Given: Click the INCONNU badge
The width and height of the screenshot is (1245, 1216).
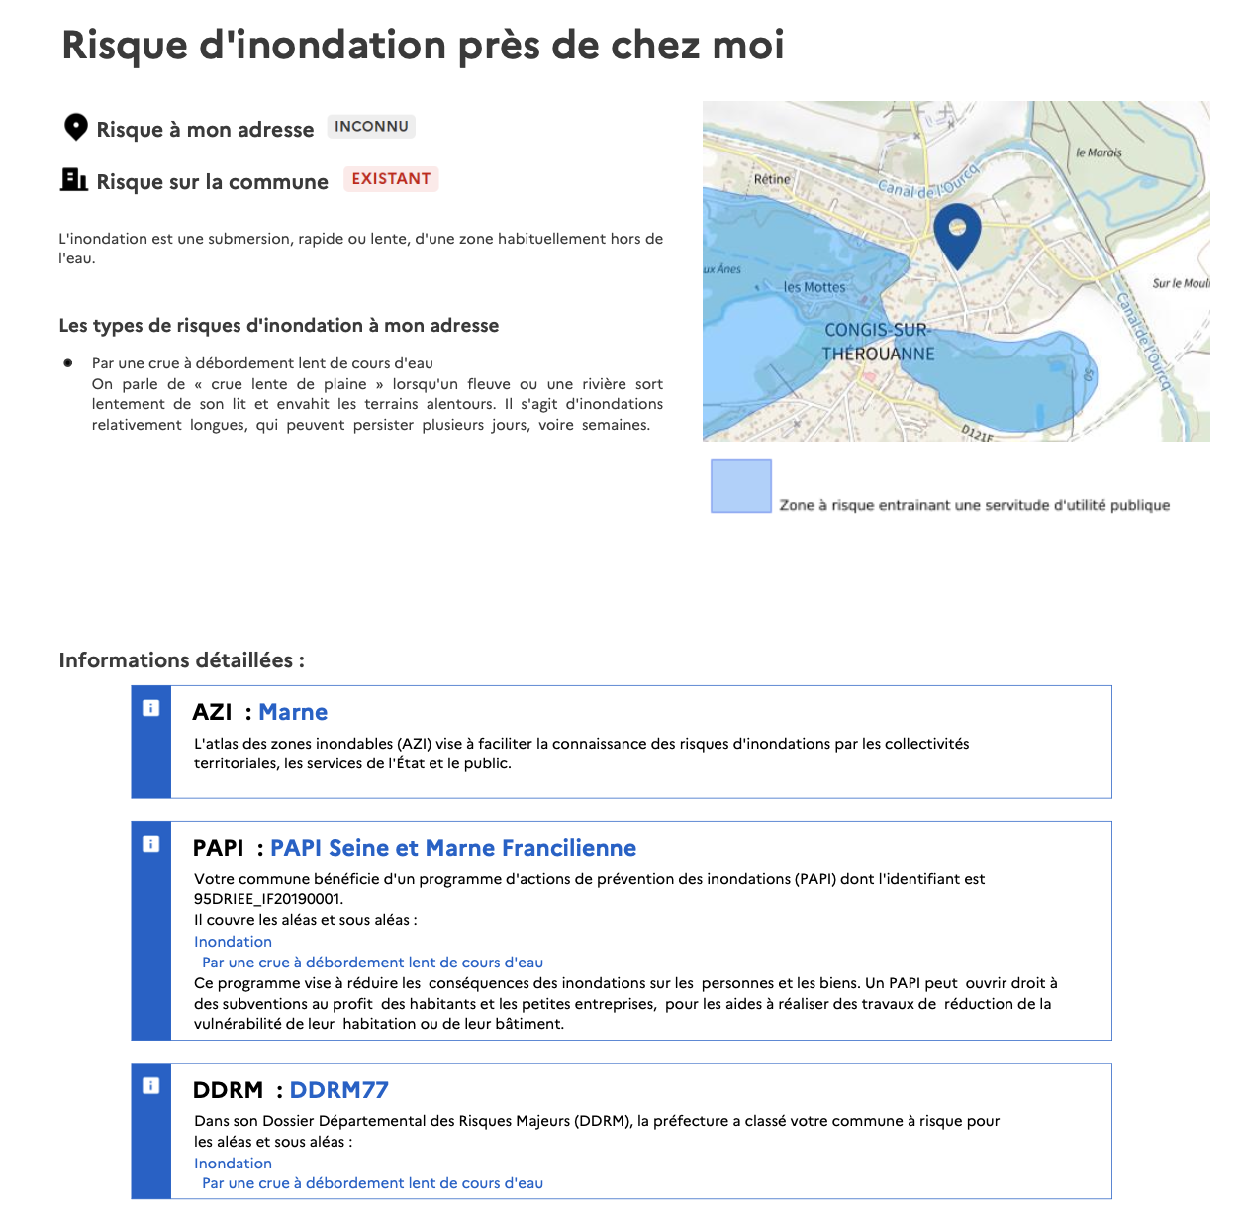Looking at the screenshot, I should click(x=371, y=127).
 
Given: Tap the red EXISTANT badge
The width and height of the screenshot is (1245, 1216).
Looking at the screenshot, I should click(x=391, y=179).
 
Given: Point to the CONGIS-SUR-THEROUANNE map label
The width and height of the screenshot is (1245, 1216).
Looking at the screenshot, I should click(x=878, y=342).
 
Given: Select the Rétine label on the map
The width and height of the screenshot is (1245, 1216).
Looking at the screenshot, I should click(x=772, y=179).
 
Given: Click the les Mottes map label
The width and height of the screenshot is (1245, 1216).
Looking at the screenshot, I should click(x=814, y=287).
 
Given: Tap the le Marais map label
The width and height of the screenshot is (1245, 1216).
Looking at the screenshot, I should click(x=1099, y=152).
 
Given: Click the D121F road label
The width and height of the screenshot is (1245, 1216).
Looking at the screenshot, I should click(x=977, y=432).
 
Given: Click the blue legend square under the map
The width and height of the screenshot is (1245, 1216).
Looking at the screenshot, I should click(x=741, y=486).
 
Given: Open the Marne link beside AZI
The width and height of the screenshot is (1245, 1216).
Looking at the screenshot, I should click(x=293, y=712).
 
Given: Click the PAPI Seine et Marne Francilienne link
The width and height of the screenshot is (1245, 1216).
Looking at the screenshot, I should click(x=453, y=848).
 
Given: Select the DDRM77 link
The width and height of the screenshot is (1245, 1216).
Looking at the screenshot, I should click(x=338, y=1090).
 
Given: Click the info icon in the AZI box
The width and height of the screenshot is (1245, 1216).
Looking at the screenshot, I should click(x=150, y=708).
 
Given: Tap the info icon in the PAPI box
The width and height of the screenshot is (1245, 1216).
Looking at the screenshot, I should click(x=150, y=844).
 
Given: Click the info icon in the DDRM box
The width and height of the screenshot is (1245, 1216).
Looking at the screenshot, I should click(x=150, y=1086).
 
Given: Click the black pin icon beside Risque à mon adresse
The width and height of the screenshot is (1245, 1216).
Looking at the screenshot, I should click(x=75, y=127).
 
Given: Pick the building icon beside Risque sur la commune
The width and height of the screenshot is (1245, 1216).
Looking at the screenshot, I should click(x=74, y=179).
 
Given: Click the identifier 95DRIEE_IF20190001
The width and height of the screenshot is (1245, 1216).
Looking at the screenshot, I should click(x=267, y=899).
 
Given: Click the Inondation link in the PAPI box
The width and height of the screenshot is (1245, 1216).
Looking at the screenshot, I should click(x=233, y=942).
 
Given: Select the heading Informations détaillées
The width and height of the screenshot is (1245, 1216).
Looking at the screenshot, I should click(x=181, y=660).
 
